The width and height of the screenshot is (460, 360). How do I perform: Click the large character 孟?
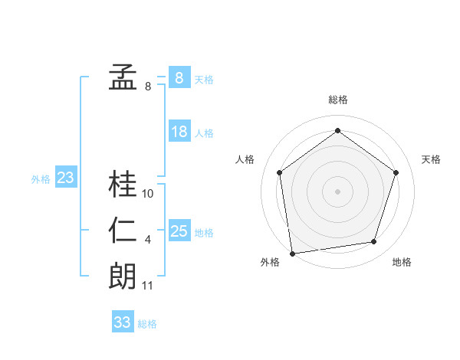(123, 77)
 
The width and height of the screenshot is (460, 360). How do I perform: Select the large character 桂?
(123, 184)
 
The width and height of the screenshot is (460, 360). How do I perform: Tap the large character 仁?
(123, 231)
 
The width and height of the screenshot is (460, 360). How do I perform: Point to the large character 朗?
(123, 276)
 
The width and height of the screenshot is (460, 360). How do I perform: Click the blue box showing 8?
(179, 77)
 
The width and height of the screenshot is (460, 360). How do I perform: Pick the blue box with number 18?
(179, 132)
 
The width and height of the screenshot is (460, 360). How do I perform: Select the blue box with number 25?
(179, 231)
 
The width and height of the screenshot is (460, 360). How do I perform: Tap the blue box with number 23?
(66, 178)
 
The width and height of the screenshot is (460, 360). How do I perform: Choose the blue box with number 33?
(123, 322)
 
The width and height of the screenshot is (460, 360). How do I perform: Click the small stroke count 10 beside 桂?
(148, 194)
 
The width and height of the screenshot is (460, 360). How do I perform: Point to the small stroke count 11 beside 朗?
(148, 286)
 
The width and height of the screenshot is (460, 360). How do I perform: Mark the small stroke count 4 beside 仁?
(148, 240)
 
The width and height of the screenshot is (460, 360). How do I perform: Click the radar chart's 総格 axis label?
(337, 100)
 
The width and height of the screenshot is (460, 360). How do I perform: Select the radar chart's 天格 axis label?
(431, 159)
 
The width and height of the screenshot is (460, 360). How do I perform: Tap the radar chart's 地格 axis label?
(402, 263)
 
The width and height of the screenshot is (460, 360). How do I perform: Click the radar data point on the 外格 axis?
(292, 253)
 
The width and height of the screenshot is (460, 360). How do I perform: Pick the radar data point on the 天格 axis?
(396, 172)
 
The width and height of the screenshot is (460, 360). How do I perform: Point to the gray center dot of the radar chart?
(337, 191)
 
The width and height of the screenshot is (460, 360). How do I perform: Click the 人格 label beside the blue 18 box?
(204, 133)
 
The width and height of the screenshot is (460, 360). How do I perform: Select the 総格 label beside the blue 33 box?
(147, 324)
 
